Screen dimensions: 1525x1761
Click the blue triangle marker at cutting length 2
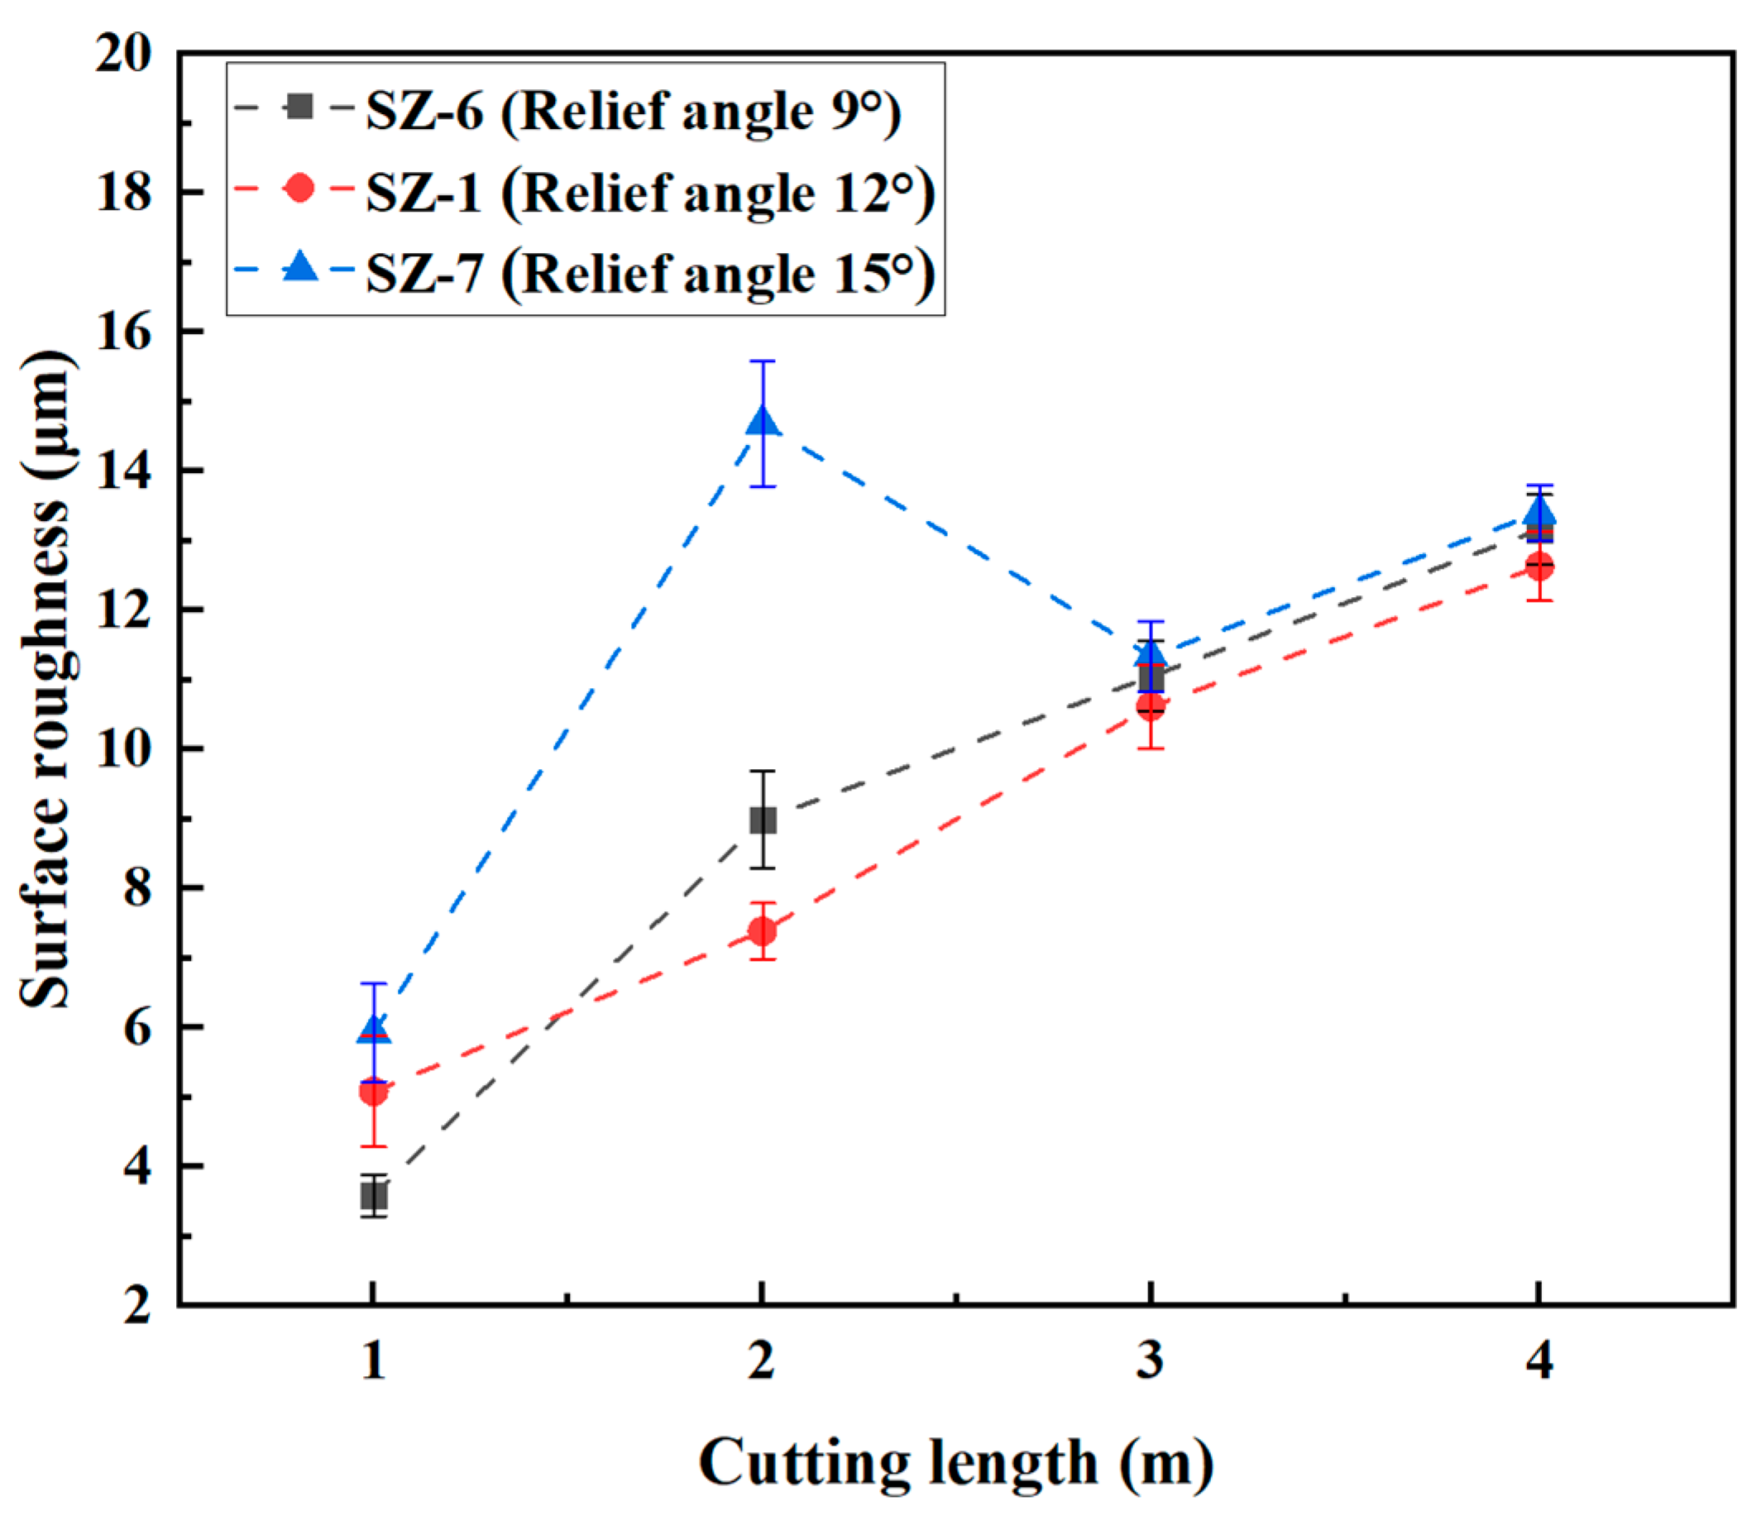pyautogui.click(x=763, y=421)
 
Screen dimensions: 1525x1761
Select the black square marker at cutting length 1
pyautogui.click(x=374, y=1198)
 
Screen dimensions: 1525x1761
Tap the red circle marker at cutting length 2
pyautogui.click(x=763, y=931)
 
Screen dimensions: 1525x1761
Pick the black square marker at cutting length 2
pyautogui.click(x=763, y=820)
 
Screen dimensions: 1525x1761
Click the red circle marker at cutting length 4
pyautogui.click(x=1538, y=566)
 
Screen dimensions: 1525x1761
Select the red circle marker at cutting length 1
pyautogui.click(x=374, y=1091)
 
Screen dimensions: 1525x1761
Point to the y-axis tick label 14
pyautogui.click(x=124, y=471)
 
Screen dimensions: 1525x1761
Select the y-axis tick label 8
pyautogui.click(x=136, y=888)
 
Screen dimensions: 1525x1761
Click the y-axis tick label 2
pyautogui.click(x=136, y=1304)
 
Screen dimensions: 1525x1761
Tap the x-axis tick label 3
pyautogui.click(x=1150, y=1359)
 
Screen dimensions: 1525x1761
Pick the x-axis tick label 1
pyautogui.click(x=374, y=1359)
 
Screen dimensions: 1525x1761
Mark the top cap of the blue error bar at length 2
pyautogui.click(x=763, y=361)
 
